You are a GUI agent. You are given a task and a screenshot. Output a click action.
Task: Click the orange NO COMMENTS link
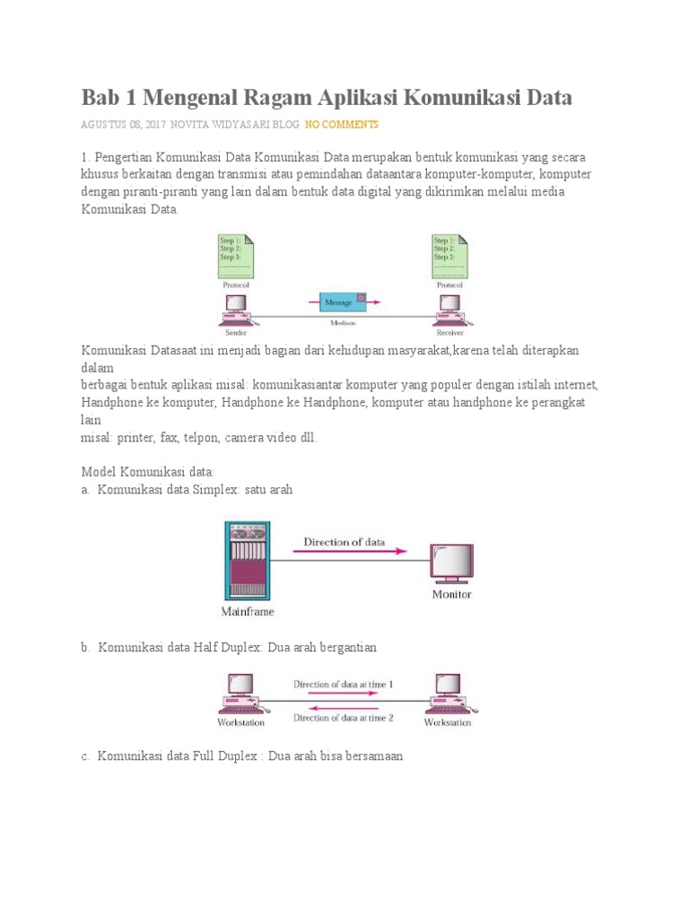[x=342, y=124]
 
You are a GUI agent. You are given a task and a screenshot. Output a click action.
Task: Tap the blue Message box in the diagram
[x=342, y=302]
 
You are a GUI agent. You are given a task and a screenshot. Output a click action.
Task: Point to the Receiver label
[x=449, y=330]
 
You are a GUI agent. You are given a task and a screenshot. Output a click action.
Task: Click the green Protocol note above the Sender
[x=236, y=255]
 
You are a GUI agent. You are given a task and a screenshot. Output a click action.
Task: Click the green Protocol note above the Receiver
[x=449, y=255]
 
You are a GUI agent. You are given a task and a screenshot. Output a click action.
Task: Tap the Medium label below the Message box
[x=343, y=323]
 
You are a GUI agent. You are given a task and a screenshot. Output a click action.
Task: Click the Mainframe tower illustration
[x=246, y=560]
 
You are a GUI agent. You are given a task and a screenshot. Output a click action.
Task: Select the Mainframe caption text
[x=248, y=612]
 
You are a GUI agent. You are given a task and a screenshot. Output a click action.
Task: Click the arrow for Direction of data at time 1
[x=344, y=696]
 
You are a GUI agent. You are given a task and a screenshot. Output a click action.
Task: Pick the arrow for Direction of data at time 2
[x=344, y=707]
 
